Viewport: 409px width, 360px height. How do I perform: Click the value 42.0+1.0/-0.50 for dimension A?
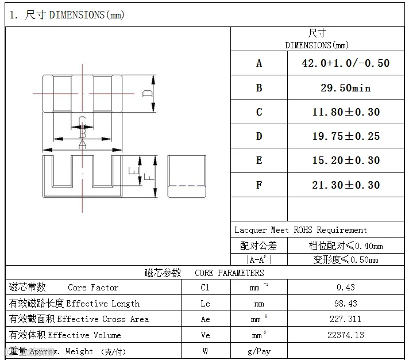point(345,63)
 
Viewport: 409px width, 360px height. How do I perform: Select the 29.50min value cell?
point(345,88)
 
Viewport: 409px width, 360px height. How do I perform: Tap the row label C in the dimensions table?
point(259,112)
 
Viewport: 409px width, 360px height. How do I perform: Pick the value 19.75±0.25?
point(345,136)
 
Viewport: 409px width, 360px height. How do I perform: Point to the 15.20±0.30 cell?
point(345,160)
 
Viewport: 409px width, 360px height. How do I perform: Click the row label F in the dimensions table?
point(259,185)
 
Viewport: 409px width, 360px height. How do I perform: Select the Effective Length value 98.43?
point(346,304)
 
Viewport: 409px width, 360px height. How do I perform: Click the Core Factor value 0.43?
point(346,288)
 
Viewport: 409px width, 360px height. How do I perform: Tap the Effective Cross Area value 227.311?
point(346,319)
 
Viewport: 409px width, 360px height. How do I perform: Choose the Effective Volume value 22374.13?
point(346,335)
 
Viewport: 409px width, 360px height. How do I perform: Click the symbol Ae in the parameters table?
point(206,319)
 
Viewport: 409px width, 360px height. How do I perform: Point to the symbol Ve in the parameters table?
point(206,335)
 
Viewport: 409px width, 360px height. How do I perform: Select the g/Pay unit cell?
point(259,351)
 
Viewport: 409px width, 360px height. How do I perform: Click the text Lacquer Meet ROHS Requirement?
point(300,230)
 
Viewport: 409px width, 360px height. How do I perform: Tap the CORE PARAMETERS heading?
point(229,273)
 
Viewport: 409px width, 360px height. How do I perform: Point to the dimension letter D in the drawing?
point(148,93)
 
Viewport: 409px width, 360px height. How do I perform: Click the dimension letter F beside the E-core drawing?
point(148,177)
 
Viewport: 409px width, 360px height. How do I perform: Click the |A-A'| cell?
point(259,259)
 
